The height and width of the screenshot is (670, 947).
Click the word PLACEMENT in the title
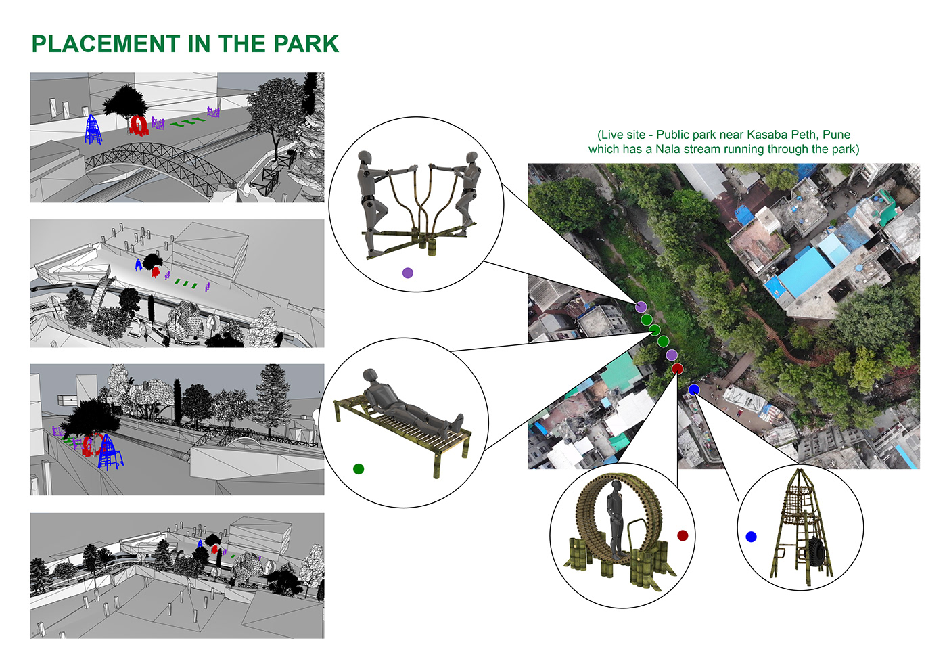tap(106, 43)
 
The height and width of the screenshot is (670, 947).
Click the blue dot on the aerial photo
tap(694, 390)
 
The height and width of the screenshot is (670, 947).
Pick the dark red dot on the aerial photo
tap(677, 368)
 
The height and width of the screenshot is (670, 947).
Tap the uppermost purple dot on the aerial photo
tap(641, 307)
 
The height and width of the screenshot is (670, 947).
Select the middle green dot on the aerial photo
tap(655, 330)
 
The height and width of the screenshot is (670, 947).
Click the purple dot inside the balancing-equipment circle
tap(407, 273)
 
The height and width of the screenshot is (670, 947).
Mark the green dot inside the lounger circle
tap(359, 468)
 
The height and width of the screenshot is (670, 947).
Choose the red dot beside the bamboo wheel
tap(683, 535)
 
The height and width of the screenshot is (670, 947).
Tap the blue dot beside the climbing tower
tap(751, 537)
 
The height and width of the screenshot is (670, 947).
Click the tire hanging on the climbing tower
tap(818, 554)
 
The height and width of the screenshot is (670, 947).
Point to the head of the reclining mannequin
tap(370, 376)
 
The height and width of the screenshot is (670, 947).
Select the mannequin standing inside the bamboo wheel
tap(615, 518)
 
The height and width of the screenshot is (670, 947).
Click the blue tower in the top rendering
tap(93, 129)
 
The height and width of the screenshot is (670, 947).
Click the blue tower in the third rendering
tap(110, 452)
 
